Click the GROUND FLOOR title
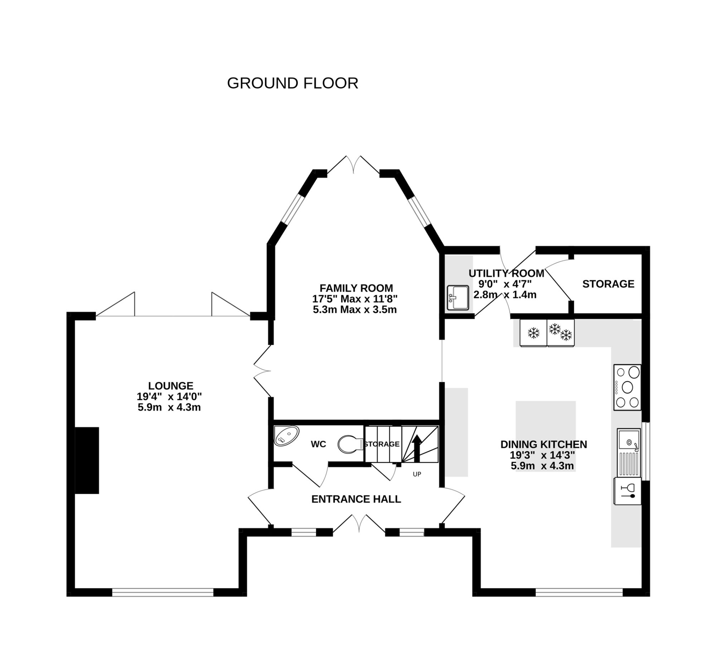click(292, 83)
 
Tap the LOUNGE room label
click(171, 386)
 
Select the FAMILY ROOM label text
click(356, 288)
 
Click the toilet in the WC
click(349, 444)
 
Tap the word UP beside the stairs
click(417, 474)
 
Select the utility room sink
click(458, 297)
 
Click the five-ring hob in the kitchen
click(627, 387)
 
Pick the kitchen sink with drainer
click(628, 452)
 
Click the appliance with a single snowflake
click(533, 333)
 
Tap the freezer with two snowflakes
click(560, 333)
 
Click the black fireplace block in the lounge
click(87, 460)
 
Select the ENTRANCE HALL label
click(356, 499)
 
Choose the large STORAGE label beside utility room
click(608, 284)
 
